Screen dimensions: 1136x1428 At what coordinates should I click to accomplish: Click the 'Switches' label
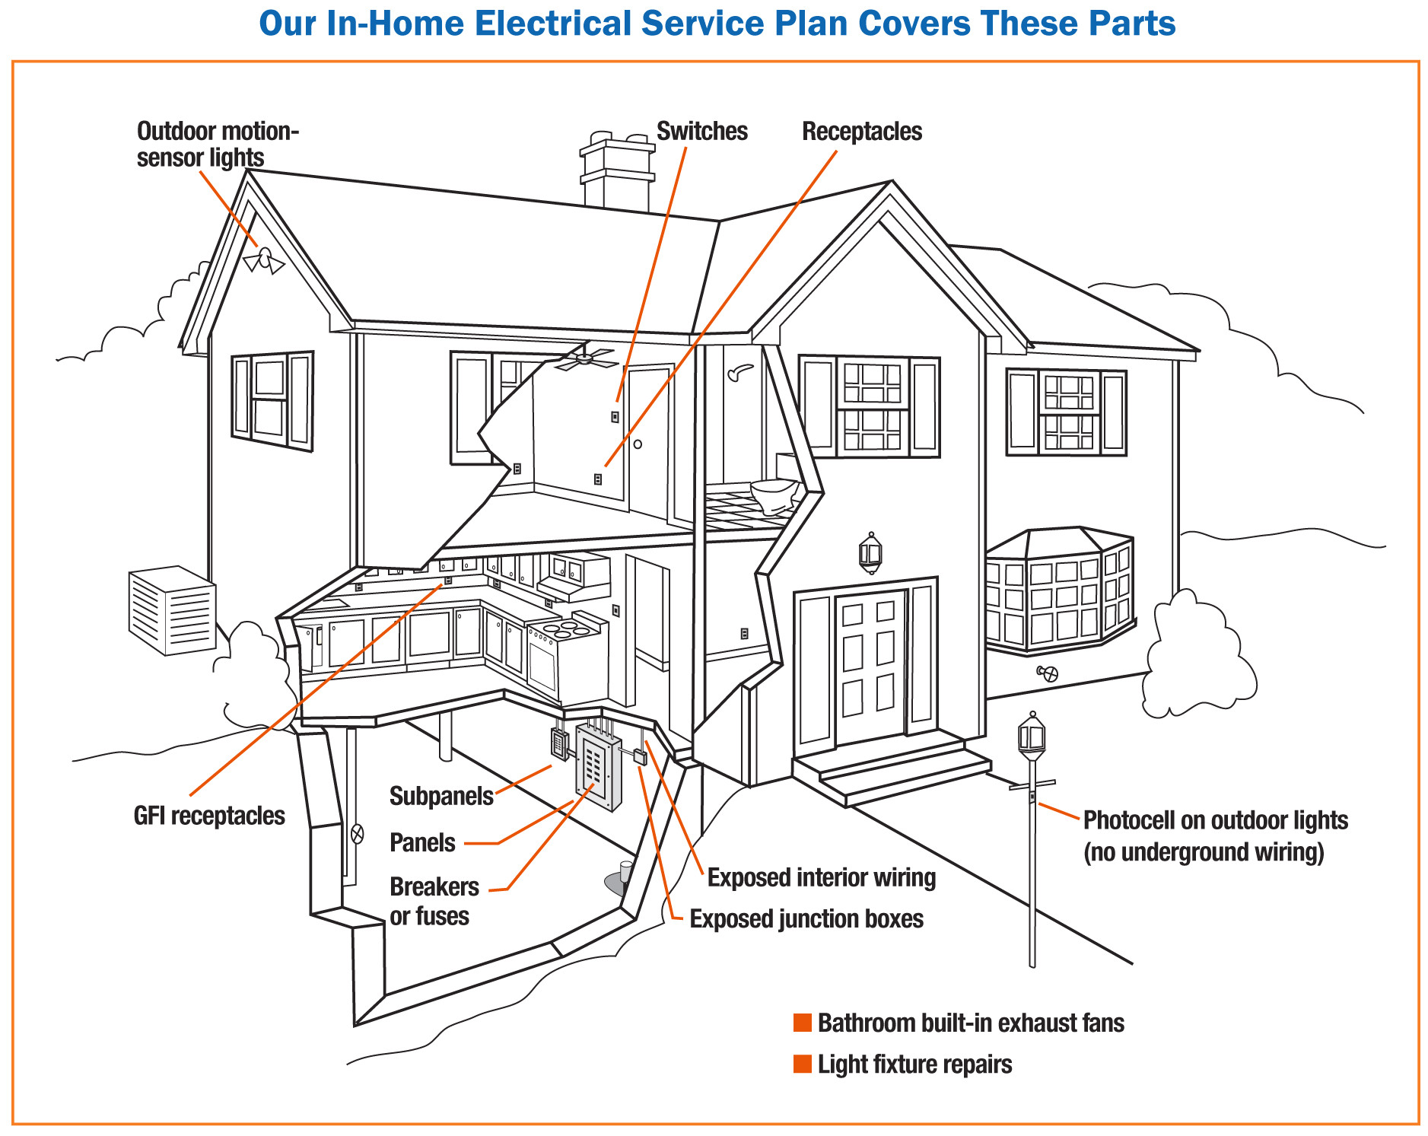tap(701, 132)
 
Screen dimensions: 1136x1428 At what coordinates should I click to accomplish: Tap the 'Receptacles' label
tap(861, 132)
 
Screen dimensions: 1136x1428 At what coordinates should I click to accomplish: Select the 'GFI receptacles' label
tap(209, 816)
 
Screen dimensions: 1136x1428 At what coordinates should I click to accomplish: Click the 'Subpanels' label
tap(441, 796)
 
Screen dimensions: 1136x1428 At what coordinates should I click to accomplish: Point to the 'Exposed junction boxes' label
tap(806, 919)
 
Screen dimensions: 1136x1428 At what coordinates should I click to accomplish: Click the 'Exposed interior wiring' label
tap(821, 877)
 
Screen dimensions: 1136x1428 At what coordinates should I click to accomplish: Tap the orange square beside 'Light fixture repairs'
tap(802, 1064)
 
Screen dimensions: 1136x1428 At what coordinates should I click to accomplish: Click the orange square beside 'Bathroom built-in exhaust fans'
tap(802, 1023)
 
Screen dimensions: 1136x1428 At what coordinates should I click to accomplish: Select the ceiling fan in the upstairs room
tap(585, 358)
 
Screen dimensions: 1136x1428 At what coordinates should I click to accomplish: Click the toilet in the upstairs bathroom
tap(774, 495)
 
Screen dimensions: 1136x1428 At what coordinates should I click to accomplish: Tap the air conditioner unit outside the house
tap(172, 610)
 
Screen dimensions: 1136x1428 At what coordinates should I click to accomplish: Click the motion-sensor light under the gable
tap(264, 260)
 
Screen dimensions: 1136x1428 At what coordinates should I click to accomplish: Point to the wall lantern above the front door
tap(870, 552)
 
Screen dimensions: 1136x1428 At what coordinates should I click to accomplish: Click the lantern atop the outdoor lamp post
tap(1031, 735)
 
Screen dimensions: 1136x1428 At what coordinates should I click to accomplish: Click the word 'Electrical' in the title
tap(552, 24)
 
